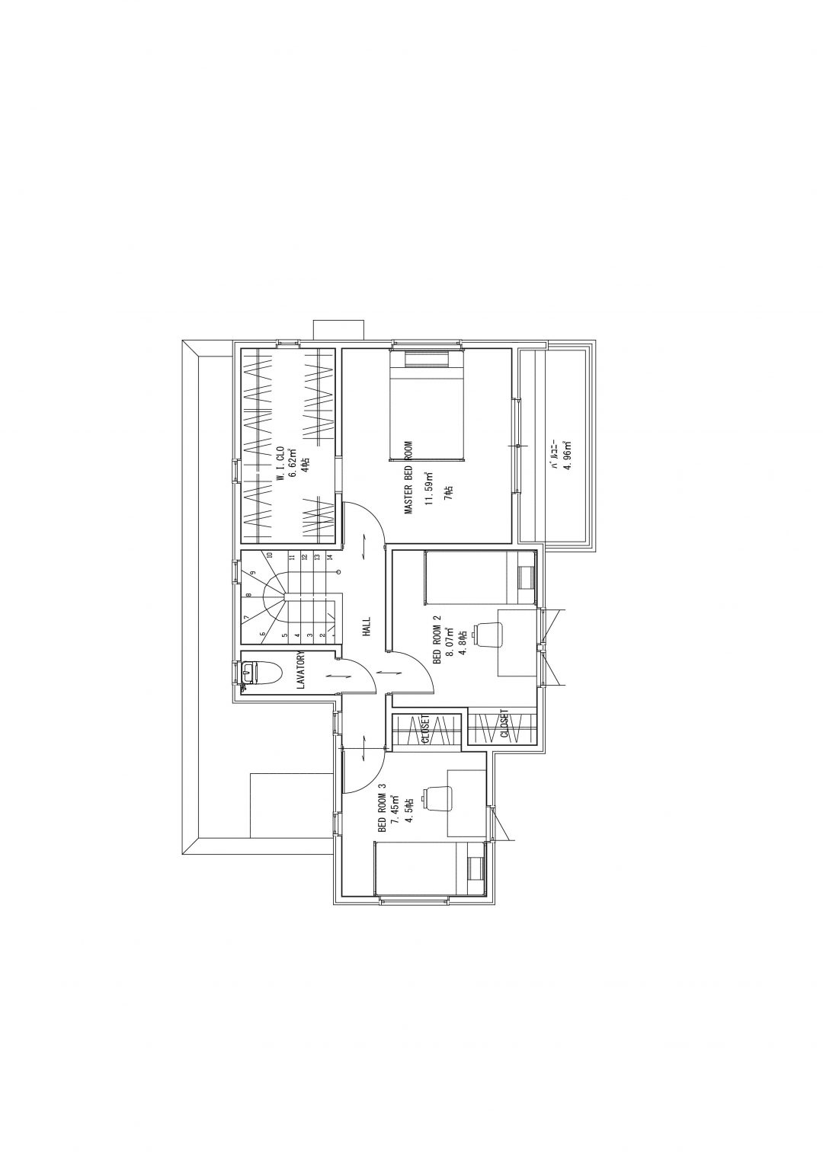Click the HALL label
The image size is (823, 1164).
(367, 627)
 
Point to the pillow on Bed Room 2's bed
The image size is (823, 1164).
(526, 578)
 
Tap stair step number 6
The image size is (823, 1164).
(263, 634)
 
